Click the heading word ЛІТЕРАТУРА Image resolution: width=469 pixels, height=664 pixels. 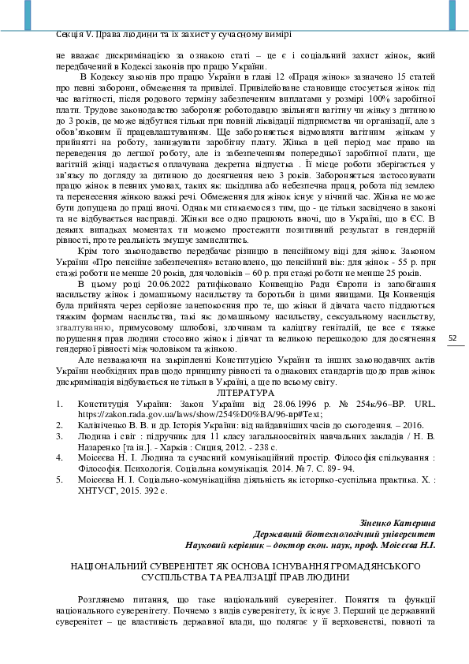click(245, 392)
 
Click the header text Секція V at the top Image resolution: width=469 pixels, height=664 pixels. click(77, 34)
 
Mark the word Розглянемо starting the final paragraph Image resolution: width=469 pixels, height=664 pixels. click(106, 599)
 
